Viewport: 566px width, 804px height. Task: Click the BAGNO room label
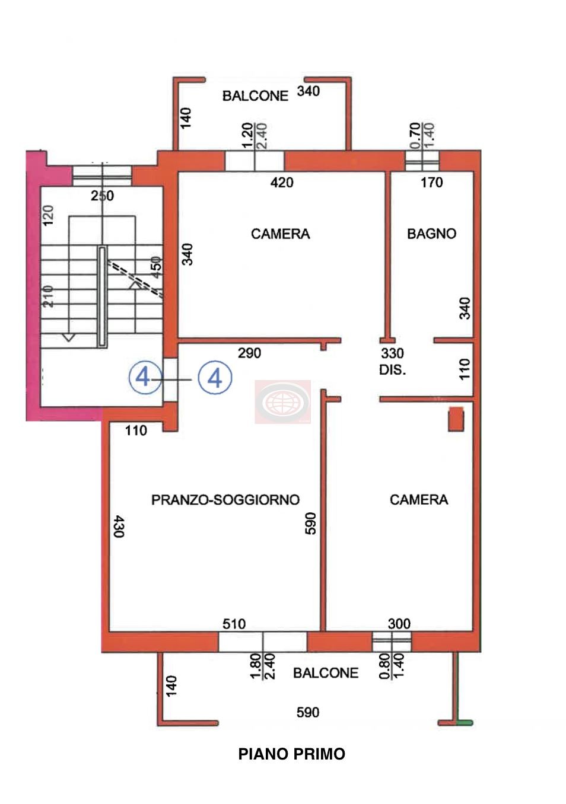click(431, 234)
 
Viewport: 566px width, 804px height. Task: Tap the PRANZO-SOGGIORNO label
click(225, 500)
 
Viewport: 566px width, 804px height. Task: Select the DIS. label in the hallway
click(393, 370)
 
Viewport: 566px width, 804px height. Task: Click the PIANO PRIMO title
click(292, 754)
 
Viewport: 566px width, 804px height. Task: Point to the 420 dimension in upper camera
click(282, 183)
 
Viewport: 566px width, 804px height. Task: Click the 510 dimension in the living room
click(234, 624)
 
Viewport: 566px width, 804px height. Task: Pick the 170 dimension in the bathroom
click(431, 183)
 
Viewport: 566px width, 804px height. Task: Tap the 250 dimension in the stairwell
click(103, 196)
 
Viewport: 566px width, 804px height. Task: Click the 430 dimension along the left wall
click(119, 526)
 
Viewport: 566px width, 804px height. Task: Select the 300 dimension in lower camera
click(399, 624)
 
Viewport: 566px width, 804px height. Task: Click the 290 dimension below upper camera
click(250, 353)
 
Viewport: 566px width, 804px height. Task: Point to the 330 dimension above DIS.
click(393, 353)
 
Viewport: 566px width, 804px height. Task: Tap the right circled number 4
click(215, 378)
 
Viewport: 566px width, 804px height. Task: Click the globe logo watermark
click(282, 402)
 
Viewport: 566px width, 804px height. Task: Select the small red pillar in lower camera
click(456, 419)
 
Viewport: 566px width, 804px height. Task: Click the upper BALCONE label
click(255, 96)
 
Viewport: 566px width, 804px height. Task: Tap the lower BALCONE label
click(326, 672)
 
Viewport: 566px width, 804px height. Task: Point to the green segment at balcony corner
click(465, 723)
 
